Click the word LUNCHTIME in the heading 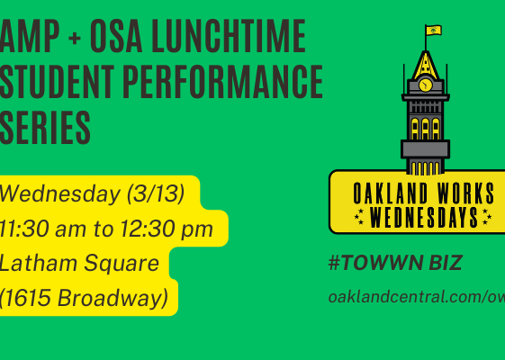pos(229,36)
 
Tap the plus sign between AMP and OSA pos(75,39)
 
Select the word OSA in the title pos(116,36)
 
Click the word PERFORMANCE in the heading pos(223,82)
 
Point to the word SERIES pos(45,128)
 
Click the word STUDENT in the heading pos(57,82)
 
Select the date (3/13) pos(156,193)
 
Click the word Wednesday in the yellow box pos(60,194)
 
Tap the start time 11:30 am pos(43,229)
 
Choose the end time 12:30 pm pos(167,229)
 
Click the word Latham pos(39,263)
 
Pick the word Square pos(122,264)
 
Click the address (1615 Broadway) pos(84,298)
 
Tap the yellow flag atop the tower pos(434,31)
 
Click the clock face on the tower pos(426,85)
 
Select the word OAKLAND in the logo pos(390,193)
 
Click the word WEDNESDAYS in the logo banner pos(424,218)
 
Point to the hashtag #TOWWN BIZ pos(395,263)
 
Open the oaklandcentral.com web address pos(417,297)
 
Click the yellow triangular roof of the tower pos(426,66)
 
